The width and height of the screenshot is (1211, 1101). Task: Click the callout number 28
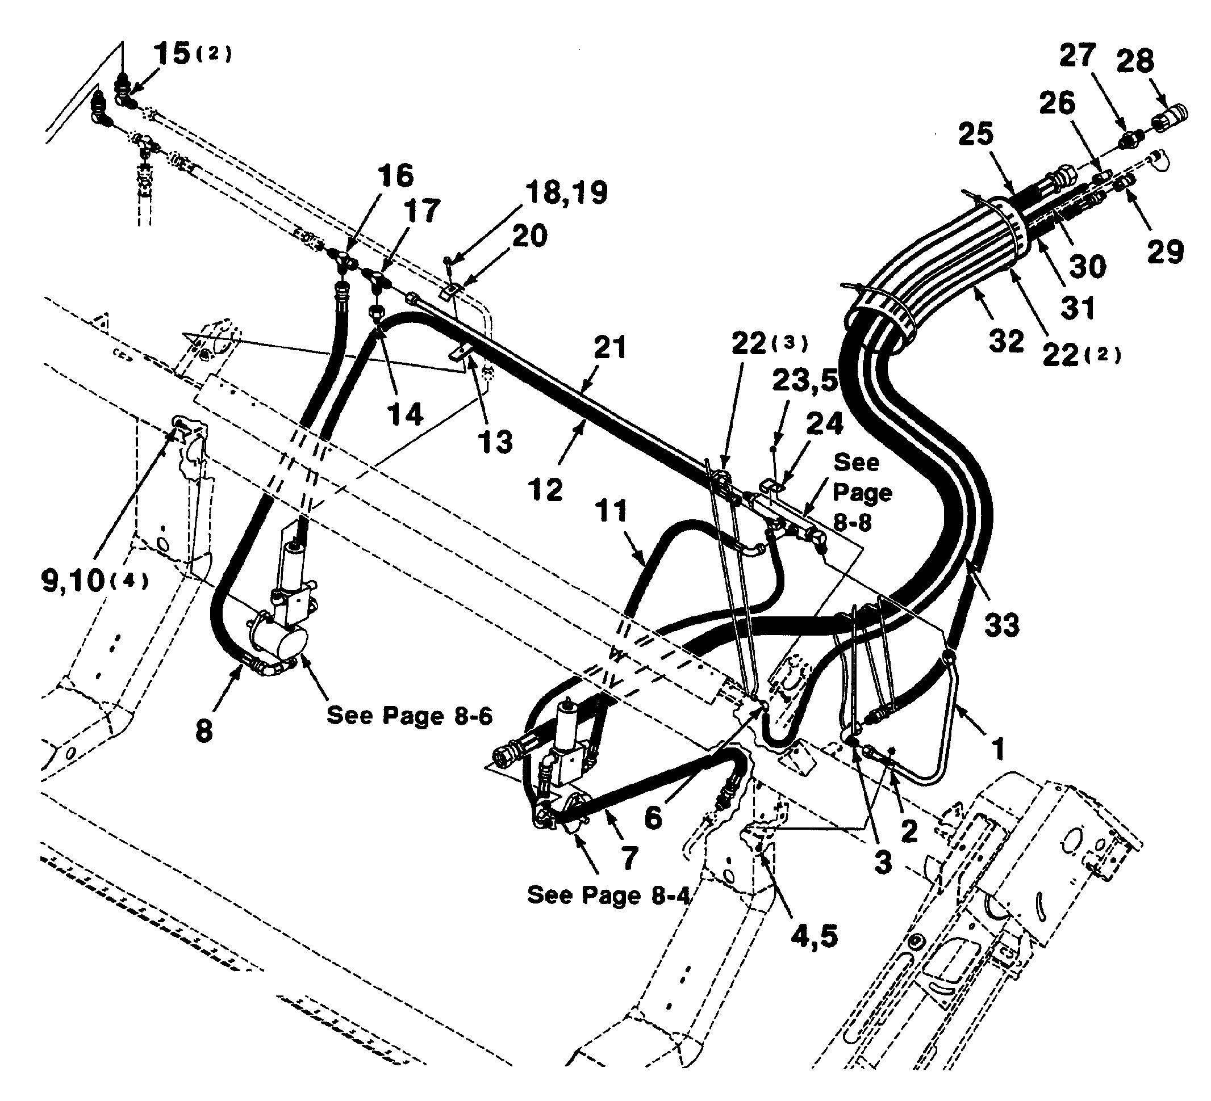[x=1135, y=61]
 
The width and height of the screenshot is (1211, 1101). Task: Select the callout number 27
[x=1078, y=55]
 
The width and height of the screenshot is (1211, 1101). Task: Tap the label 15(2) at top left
[x=192, y=53]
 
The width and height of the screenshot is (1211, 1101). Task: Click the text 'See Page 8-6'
[x=409, y=716]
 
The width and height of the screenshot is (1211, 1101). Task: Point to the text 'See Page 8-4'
[x=608, y=895]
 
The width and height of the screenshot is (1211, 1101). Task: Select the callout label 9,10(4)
[x=95, y=581]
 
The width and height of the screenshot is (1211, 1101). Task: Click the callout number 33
[x=1001, y=625]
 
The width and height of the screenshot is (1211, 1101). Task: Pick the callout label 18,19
[x=566, y=193]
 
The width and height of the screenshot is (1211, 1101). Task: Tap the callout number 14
[x=406, y=414]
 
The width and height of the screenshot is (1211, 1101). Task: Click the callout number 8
[x=204, y=731]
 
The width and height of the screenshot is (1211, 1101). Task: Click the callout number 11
[x=612, y=511]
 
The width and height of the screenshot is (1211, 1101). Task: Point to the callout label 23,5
[x=804, y=381]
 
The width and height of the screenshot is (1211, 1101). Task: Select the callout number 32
[x=1005, y=342]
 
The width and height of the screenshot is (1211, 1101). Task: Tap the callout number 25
[x=975, y=134]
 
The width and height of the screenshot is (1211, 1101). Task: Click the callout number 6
[x=653, y=818]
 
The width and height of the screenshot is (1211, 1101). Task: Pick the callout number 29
[x=1165, y=251]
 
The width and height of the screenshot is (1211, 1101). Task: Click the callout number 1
[x=998, y=749]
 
